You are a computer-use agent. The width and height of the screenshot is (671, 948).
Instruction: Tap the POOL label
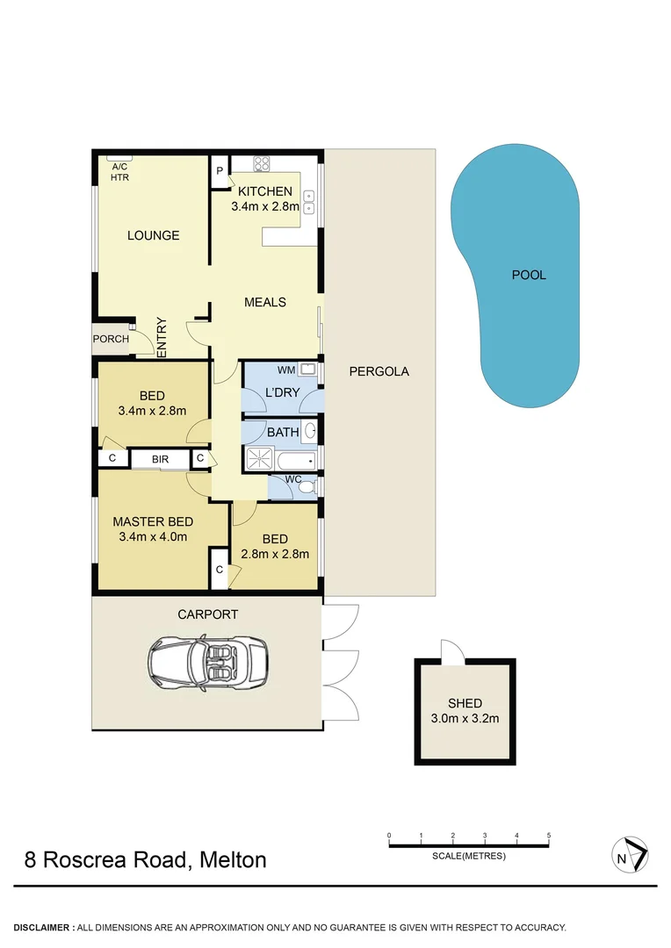tap(529, 275)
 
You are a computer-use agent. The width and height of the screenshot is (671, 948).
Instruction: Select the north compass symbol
tap(630, 855)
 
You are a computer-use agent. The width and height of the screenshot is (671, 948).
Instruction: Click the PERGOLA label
tap(379, 371)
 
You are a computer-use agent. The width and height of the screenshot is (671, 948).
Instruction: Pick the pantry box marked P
tap(219, 172)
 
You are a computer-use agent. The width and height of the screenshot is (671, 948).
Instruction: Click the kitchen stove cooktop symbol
tap(261, 163)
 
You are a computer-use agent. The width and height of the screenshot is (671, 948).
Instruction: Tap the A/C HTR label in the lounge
tap(119, 172)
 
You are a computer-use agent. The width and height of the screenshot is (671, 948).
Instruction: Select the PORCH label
tap(111, 339)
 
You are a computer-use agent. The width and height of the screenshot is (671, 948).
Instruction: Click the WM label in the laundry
tap(285, 370)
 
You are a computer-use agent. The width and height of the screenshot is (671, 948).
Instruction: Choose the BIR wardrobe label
tap(160, 458)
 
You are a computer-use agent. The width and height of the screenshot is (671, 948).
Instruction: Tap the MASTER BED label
tap(153, 521)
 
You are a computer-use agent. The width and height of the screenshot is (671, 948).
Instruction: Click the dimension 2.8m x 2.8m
tap(275, 554)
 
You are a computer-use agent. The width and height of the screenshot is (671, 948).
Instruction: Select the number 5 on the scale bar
tap(549, 835)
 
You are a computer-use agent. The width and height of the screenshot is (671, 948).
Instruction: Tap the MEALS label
tap(264, 302)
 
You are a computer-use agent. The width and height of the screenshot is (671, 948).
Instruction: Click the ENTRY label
tap(162, 337)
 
